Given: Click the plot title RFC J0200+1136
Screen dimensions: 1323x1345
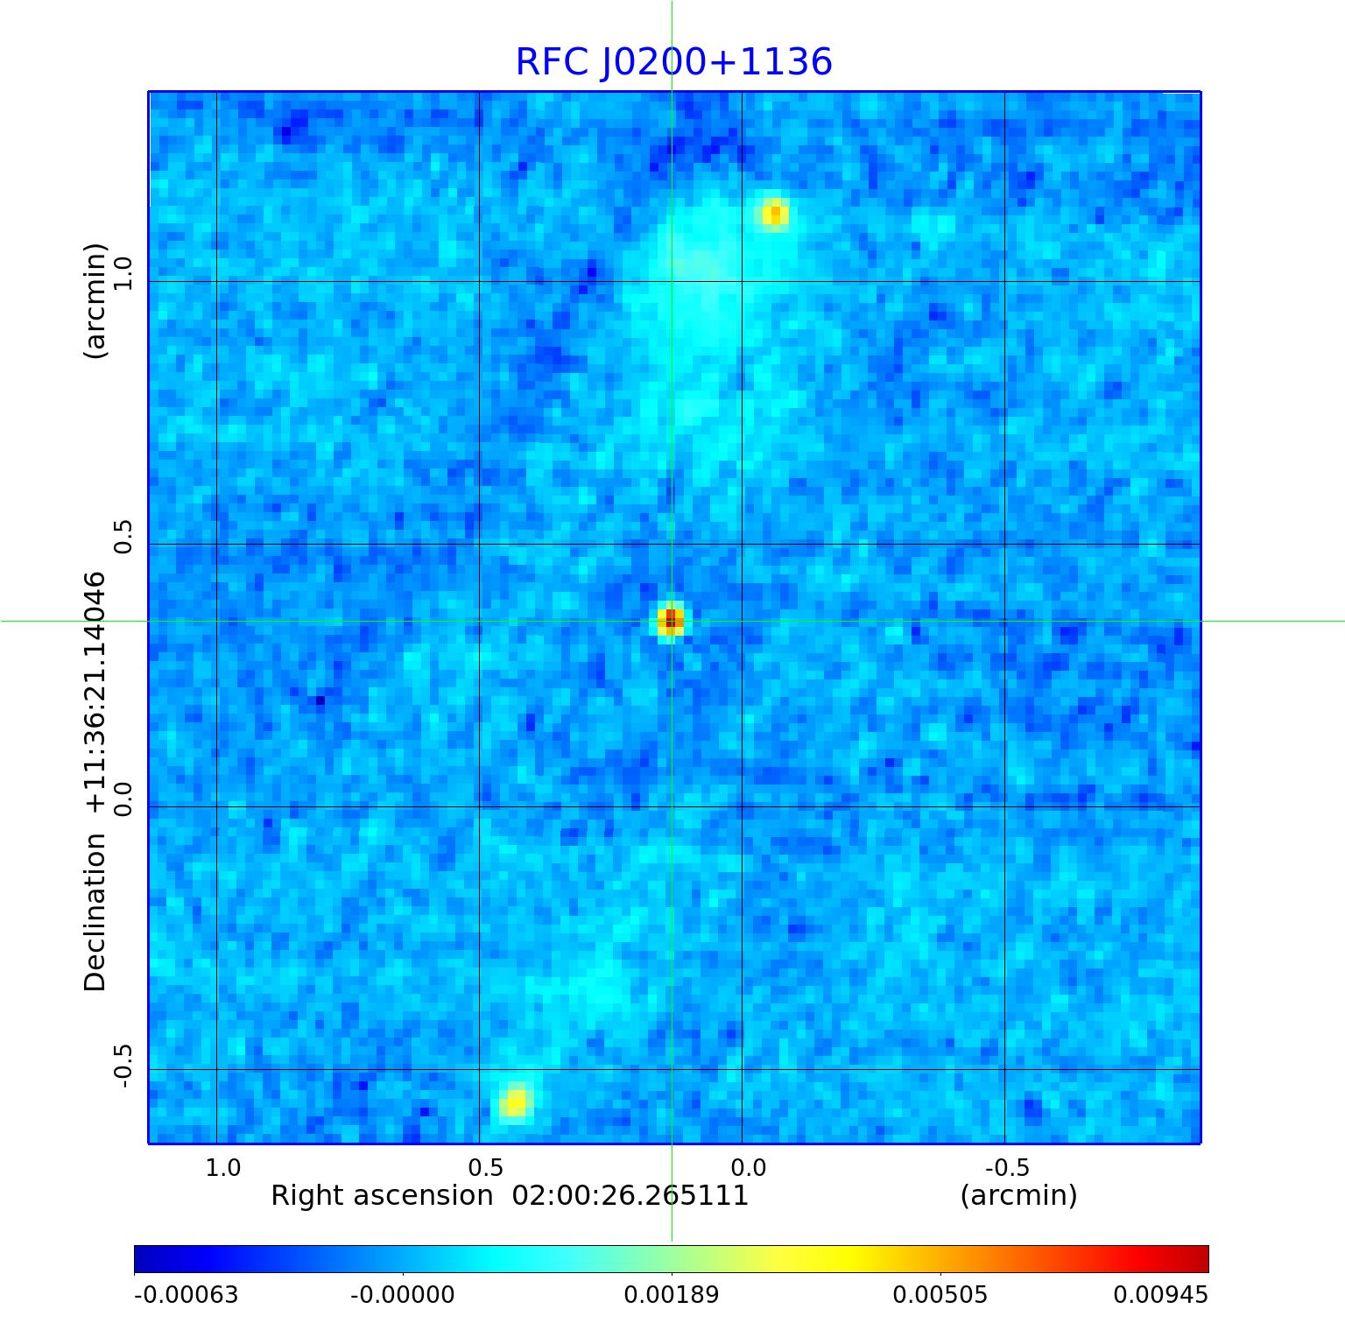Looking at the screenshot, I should pyautogui.click(x=673, y=62).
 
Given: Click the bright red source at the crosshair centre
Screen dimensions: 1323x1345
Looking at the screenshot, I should pyautogui.click(x=671, y=621).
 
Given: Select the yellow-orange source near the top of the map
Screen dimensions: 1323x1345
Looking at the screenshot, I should pyautogui.click(x=774, y=214).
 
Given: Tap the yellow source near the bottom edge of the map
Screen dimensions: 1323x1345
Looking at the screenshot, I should pyautogui.click(x=516, y=1101).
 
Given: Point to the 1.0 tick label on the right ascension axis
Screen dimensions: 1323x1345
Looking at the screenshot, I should pyautogui.click(x=222, y=1167).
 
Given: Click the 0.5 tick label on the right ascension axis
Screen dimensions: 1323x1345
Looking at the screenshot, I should pyautogui.click(x=485, y=1167).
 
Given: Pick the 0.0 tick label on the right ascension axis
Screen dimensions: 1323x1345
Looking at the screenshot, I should pyautogui.click(x=748, y=1167).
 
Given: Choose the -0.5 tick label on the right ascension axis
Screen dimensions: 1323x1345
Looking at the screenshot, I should pyautogui.click(x=1007, y=1167).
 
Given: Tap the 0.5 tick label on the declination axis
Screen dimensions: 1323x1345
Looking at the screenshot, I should pyautogui.click(x=122, y=536).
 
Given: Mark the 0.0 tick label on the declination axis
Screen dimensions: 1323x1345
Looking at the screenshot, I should pyautogui.click(x=122, y=799).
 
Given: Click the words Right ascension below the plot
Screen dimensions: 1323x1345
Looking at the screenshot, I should pyautogui.click(x=382, y=1196).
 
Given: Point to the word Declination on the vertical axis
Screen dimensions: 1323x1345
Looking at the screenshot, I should pyautogui.click(x=95, y=911).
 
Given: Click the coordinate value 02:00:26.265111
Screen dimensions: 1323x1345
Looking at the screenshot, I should pyautogui.click(x=630, y=1196).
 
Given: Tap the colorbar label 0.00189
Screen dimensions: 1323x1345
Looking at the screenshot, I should pyautogui.click(x=671, y=1295).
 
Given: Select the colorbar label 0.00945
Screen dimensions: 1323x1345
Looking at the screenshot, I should pyautogui.click(x=1160, y=1295).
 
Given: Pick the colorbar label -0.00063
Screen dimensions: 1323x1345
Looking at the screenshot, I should pyautogui.click(x=186, y=1295).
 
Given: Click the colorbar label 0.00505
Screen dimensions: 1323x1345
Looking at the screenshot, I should pyautogui.click(x=940, y=1295).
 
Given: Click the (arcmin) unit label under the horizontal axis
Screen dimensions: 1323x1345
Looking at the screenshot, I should pyautogui.click(x=1018, y=1196).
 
